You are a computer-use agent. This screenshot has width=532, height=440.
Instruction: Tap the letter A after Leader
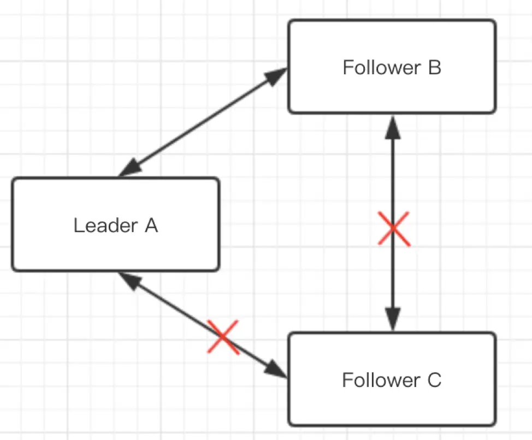pos(151,225)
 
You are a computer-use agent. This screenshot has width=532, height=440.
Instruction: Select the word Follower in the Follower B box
pos(380,68)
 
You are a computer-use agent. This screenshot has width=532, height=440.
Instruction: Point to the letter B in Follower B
pos(434,68)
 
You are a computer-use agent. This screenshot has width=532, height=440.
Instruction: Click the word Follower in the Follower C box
pos(379,380)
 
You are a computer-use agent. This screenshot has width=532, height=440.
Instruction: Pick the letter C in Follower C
pos(434,380)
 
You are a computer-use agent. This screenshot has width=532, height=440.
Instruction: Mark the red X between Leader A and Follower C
pos(223,337)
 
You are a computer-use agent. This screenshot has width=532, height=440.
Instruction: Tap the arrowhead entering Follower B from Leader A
pos(277,75)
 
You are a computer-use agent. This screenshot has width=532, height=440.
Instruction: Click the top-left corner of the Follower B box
pos(290,21)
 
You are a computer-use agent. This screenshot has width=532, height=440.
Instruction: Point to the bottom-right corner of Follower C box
pos(495,424)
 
